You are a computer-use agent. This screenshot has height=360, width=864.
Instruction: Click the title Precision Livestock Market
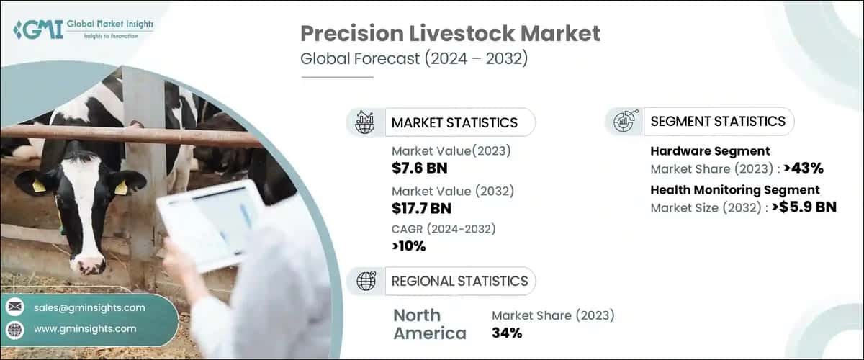click(450, 33)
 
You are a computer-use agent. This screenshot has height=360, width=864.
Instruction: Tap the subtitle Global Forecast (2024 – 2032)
click(414, 59)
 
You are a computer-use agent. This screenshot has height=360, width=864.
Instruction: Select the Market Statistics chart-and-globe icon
click(365, 122)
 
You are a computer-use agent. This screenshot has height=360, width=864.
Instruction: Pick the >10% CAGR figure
click(408, 246)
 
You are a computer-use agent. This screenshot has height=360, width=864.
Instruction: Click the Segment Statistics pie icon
click(624, 122)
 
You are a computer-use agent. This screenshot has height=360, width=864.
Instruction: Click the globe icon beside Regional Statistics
click(366, 281)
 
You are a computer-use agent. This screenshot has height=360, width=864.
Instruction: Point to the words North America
click(429, 324)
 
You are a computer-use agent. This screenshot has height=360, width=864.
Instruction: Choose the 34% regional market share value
click(507, 333)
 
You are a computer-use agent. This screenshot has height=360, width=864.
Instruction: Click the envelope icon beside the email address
click(14, 307)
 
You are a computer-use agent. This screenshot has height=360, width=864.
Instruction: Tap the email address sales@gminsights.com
click(89, 307)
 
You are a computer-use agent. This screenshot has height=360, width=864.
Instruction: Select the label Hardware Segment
click(710, 151)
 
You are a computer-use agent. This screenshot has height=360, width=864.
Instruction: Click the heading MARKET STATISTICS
click(454, 122)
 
